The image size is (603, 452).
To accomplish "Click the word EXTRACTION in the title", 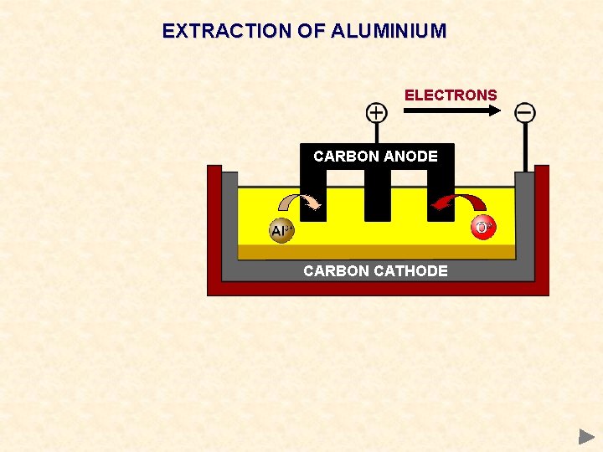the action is pos(216,32).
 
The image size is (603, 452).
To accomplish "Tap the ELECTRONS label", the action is pos(451,95).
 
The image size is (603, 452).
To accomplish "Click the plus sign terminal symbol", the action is pos(377,112).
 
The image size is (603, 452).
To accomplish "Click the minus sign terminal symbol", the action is pos(525,112).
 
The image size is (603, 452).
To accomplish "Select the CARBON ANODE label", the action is pos(375,157).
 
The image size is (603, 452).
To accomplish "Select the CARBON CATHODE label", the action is pos(375,271).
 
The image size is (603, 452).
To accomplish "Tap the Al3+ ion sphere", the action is pos(281,231).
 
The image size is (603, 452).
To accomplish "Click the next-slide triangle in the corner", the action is pos(586,436).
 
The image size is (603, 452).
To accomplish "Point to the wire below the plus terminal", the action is pos(377,134).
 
